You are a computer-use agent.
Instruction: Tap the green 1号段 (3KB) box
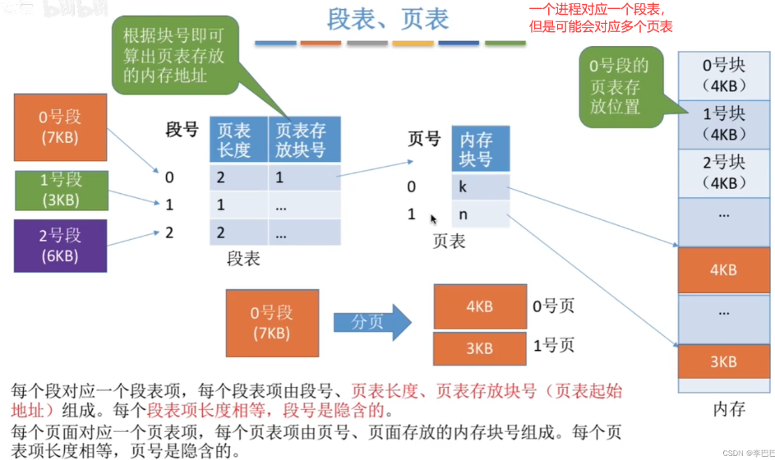[x=60, y=191]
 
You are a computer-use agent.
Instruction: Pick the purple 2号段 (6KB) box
[x=60, y=245]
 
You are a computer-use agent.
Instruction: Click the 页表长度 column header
[x=238, y=140]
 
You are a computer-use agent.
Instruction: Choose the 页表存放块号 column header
[x=304, y=140]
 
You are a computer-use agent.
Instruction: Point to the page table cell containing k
[x=480, y=186]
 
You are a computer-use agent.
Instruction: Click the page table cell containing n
[x=480, y=214]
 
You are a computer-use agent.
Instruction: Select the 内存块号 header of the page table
[x=480, y=148]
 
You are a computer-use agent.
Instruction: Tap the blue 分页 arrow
[x=371, y=322]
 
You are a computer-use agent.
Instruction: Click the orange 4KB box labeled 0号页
[x=479, y=306]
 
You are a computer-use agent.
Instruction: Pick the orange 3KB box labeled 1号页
[x=479, y=348]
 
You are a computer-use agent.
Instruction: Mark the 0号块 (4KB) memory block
[x=723, y=76]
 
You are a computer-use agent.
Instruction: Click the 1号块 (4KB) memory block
[x=723, y=123]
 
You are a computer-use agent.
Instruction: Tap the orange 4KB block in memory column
[x=723, y=269]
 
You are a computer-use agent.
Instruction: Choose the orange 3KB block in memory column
[x=723, y=361]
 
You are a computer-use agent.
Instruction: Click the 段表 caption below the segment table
[x=243, y=260]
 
